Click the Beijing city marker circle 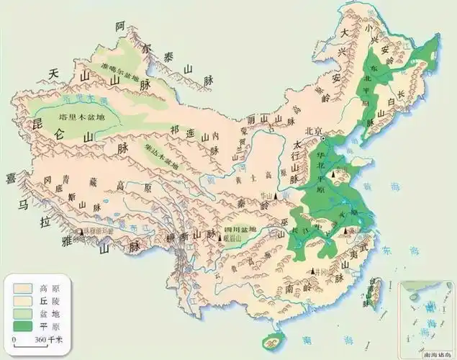(x=323, y=138)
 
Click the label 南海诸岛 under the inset (x=430, y=351)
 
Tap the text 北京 (x=312, y=131)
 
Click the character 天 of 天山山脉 (x=53, y=74)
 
